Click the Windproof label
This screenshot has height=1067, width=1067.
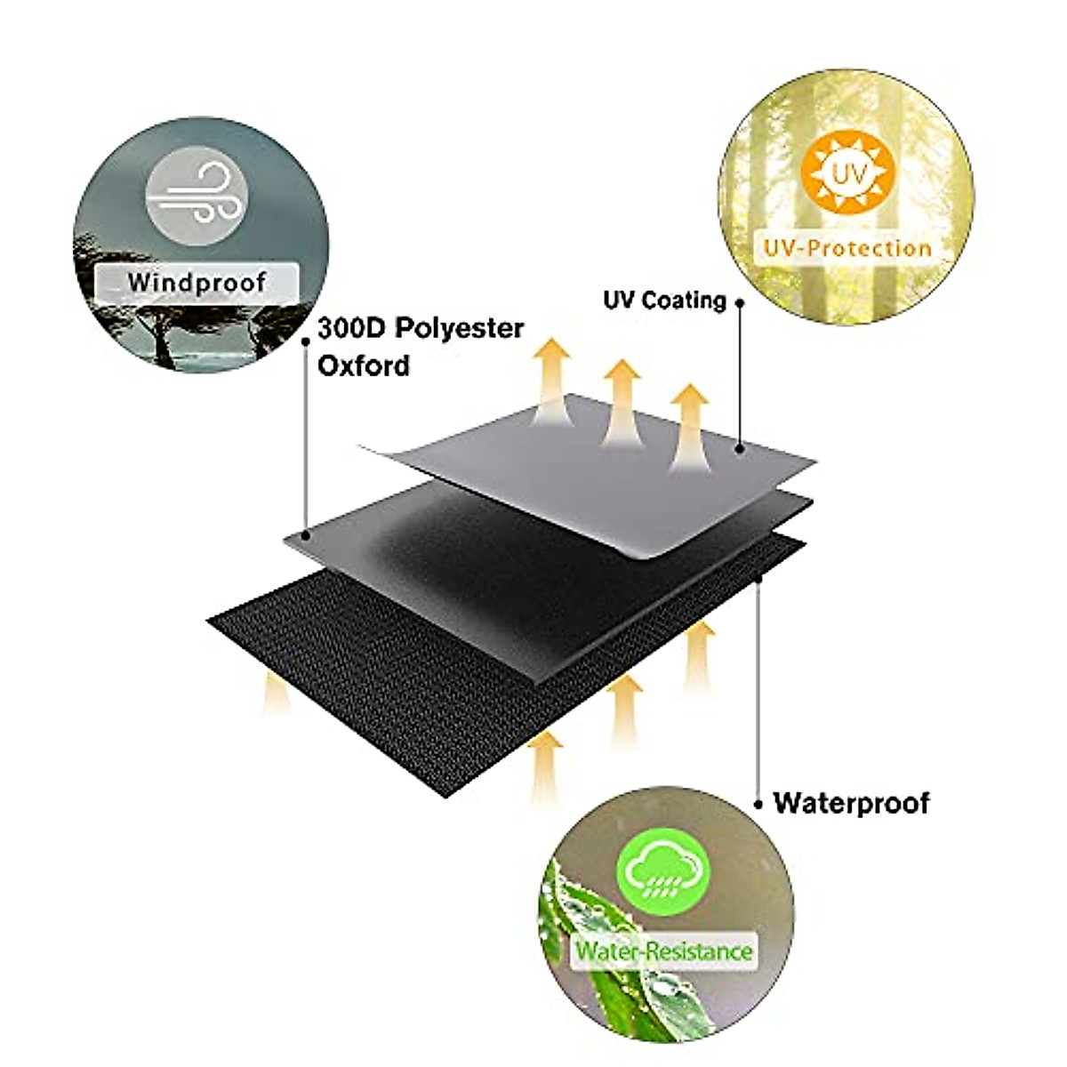point(197,283)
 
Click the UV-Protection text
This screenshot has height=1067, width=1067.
point(847,248)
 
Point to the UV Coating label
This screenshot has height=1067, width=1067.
point(664,301)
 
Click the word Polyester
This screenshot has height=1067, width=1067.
point(459,328)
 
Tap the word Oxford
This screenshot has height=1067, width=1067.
point(364,365)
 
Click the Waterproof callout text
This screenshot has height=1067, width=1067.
point(851,803)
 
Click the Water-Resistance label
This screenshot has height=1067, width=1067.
point(663,951)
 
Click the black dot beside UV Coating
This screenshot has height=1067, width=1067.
point(740,302)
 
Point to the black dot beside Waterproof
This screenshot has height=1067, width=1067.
point(758,804)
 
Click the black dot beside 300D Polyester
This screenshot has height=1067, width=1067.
point(306,341)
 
